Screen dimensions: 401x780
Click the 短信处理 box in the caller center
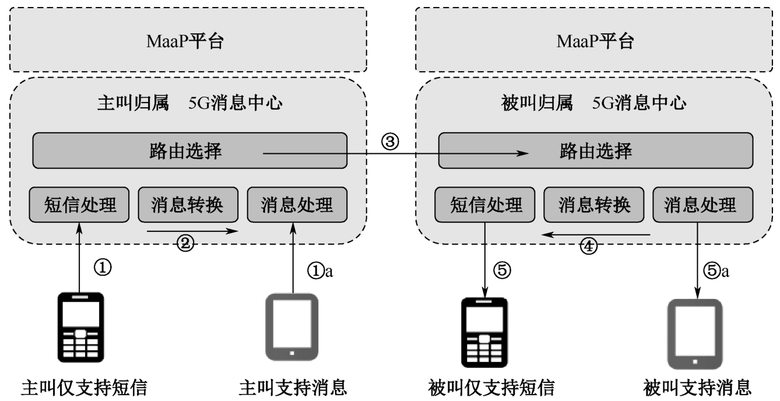tap(80, 205)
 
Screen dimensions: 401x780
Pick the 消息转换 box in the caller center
tap(188, 205)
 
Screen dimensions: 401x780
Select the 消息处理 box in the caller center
tap(297, 205)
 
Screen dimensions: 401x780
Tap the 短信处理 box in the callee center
tap(486, 205)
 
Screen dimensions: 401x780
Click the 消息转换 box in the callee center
tap(595, 205)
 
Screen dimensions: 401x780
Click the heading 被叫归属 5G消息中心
tap(595, 104)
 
